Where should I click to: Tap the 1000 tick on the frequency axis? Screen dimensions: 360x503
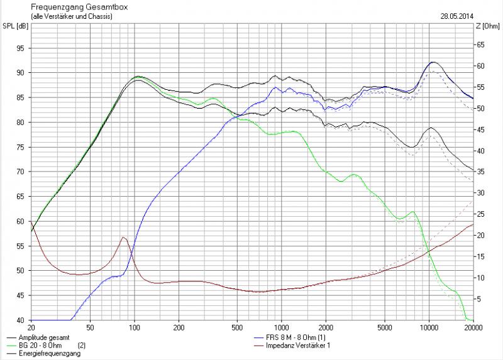tap(282, 327)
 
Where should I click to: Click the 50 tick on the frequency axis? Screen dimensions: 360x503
tap(90, 327)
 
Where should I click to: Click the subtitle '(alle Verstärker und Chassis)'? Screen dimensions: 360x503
tap(71, 16)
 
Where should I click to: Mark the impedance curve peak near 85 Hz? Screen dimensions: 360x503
tap(123, 237)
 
